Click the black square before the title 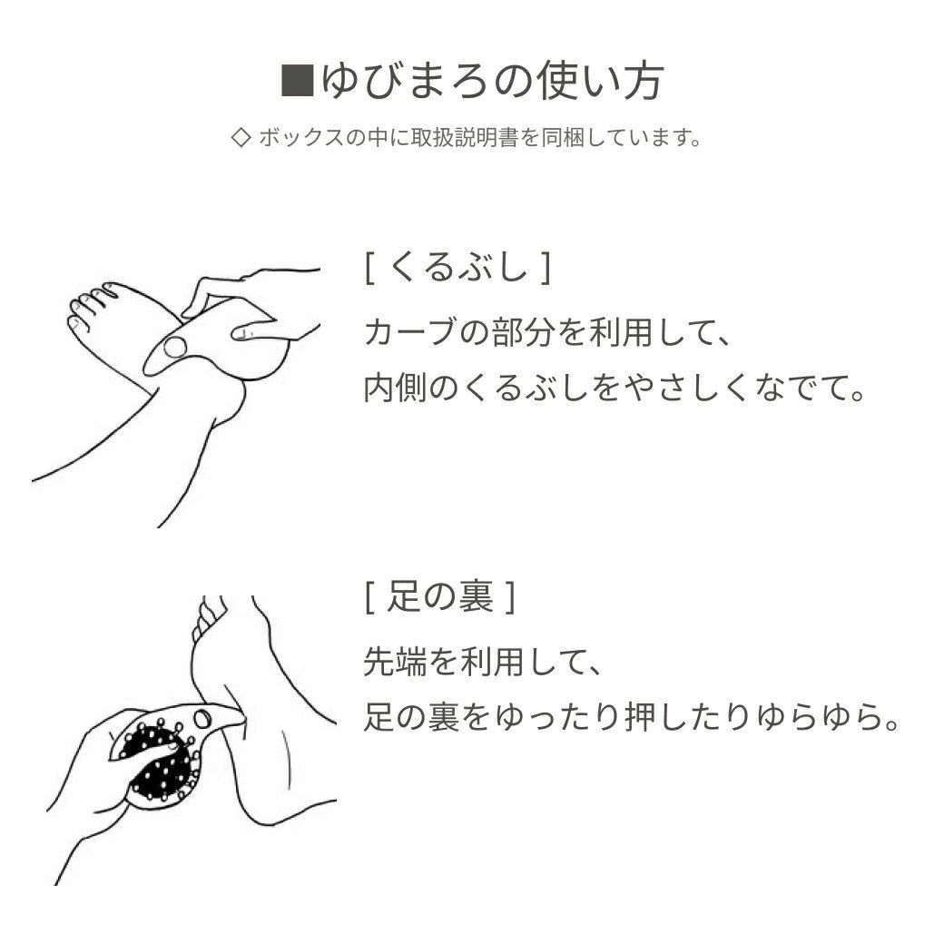(298, 81)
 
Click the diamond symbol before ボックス (241, 138)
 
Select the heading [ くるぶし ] (457, 267)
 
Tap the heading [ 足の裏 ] (440, 597)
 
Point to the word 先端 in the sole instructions (395, 663)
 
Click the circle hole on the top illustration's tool (175, 348)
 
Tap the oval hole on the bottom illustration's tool (202, 718)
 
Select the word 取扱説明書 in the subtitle (465, 138)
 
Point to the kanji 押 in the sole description (640, 717)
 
